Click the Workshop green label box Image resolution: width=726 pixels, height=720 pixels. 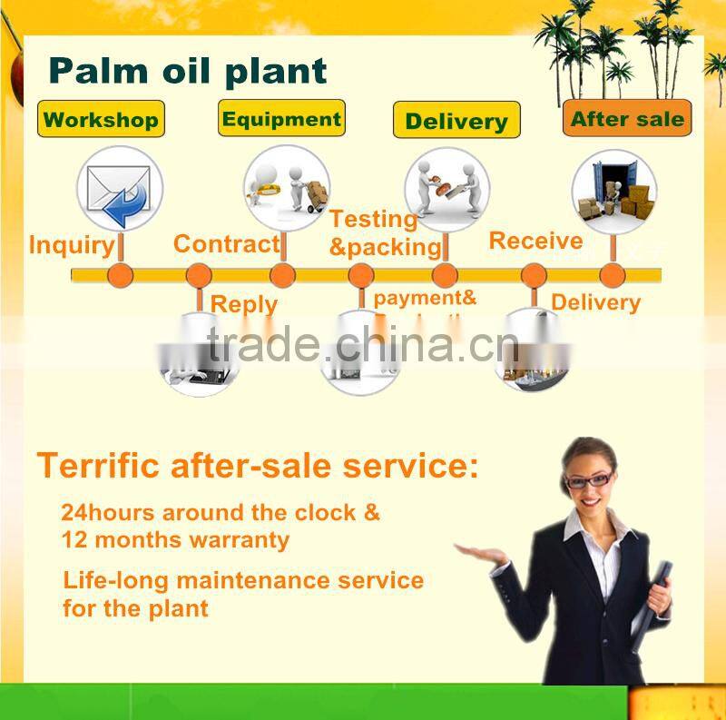coord(101,119)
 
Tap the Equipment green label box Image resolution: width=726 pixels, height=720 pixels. coord(281,118)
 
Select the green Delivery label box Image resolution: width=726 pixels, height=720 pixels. coord(456,121)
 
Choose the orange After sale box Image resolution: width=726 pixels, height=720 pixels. coord(627,118)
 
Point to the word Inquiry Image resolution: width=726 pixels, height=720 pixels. coord(72,245)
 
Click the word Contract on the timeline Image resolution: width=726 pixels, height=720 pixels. coord(226,243)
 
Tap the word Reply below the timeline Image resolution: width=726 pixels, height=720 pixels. coord(244,304)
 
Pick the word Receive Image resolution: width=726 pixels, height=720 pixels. coord(535,241)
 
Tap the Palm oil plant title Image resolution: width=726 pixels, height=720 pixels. coord(187,70)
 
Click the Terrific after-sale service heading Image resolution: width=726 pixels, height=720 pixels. coord(257,466)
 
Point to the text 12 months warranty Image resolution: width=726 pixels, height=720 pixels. coord(175,540)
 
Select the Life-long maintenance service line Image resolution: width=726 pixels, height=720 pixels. coord(243,580)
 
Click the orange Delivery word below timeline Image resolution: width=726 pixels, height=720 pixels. coord(595,302)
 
